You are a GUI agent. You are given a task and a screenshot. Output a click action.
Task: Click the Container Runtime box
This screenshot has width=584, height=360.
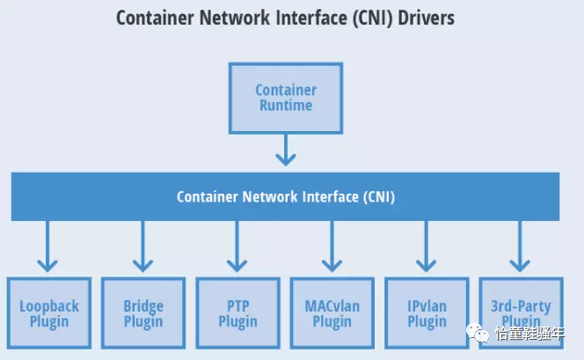(x=286, y=98)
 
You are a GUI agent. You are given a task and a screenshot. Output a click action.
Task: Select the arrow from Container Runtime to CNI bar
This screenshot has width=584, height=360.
(x=286, y=150)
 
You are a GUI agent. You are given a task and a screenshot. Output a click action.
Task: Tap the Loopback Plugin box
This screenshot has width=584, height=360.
(x=49, y=313)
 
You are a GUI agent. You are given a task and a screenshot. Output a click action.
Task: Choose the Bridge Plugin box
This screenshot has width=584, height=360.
(x=143, y=313)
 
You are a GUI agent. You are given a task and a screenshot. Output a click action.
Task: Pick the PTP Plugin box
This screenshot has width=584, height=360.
(x=238, y=313)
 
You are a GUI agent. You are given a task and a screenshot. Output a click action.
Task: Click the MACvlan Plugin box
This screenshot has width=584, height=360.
(x=332, y=313)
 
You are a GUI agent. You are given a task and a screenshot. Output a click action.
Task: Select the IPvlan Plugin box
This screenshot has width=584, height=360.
(x=427, y=313)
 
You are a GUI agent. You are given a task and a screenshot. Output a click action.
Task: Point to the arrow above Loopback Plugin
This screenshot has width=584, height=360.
(x=47, y=246)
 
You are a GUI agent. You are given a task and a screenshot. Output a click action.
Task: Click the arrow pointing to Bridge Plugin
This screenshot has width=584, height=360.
(x=142, y=246)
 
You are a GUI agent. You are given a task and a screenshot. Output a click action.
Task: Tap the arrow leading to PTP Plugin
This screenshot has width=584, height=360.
(x=237, y=246)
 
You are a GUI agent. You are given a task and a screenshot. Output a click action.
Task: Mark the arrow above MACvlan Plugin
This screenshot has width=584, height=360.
(x=332, y=246)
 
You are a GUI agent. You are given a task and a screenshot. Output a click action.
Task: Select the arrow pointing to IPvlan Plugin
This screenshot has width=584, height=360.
(x=426, y=246)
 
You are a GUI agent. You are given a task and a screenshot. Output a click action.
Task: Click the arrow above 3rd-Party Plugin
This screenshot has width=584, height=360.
(x=520, y=246)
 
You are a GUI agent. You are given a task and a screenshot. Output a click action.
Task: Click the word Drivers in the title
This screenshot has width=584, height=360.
(x=426, y=18)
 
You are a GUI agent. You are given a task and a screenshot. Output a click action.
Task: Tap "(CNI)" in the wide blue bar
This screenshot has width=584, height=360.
(x=379, y=197)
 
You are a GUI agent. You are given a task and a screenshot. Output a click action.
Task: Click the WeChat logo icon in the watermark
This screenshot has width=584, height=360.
(x=478, y=333)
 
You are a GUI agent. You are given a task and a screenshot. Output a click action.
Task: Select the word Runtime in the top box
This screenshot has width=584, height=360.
(x=286, y=106)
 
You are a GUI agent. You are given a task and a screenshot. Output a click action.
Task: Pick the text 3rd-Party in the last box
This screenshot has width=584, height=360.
(x=521, y=306)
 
